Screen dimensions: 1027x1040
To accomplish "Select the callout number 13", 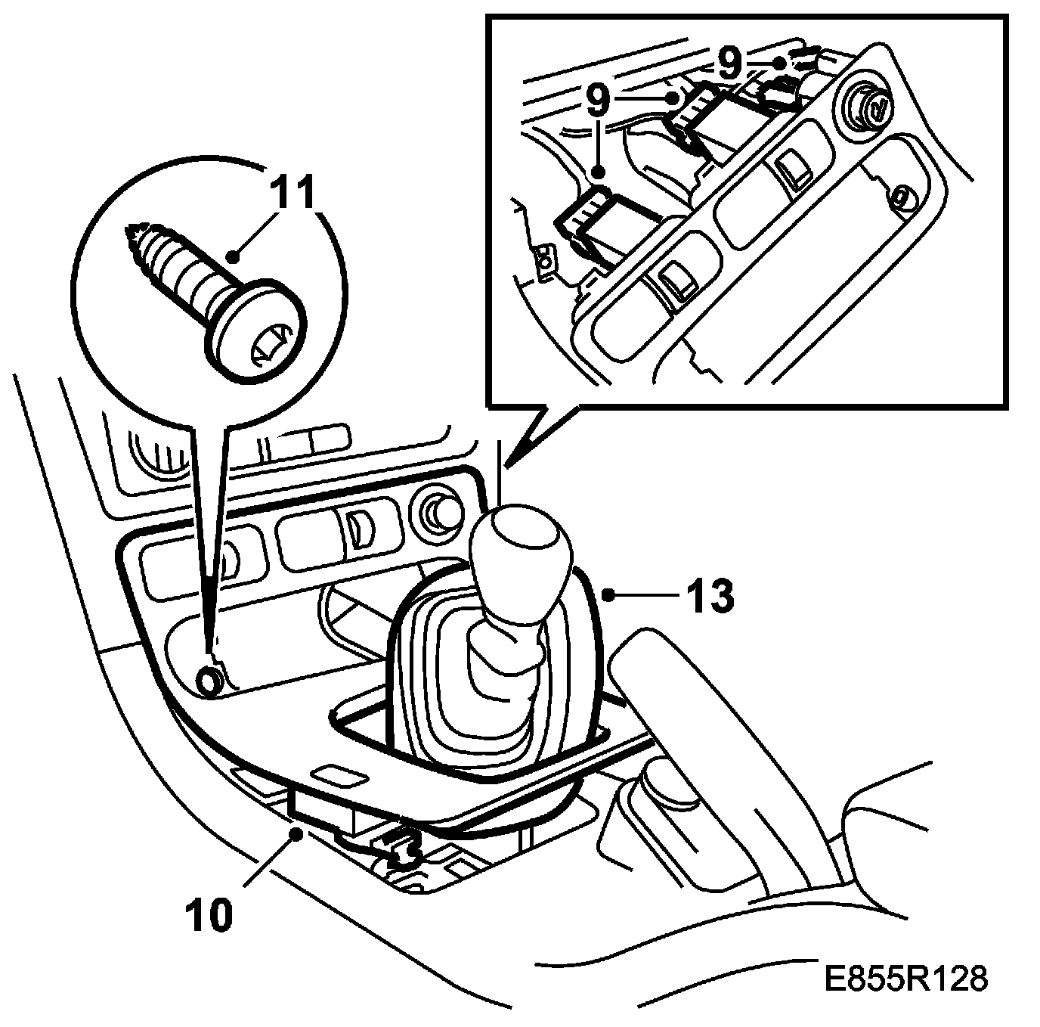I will [710, 596].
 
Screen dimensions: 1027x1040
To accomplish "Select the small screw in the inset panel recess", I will [900, 197].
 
